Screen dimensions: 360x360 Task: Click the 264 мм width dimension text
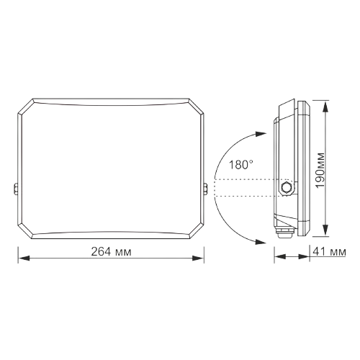pyautogui.click(x=112, y=252)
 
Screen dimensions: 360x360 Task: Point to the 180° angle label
pyautogui.click(x=241, y=165)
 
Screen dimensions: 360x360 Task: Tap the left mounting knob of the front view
pyautogui.click(x=15, y=189)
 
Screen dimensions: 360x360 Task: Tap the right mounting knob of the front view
pyautogui.click(x=207, y=189)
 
